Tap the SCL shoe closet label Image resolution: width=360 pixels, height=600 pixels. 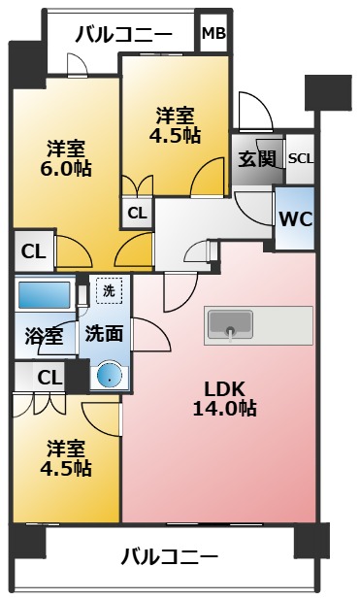300,158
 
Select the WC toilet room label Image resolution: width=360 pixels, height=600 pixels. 295,218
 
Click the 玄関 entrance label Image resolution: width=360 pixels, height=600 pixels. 257,158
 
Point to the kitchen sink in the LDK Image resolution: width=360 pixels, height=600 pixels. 230,324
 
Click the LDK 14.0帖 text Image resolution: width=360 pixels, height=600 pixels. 230,399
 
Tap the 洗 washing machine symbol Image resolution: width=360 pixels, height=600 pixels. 109,289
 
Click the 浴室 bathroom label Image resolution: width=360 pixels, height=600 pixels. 44,336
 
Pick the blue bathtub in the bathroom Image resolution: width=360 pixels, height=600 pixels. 44,295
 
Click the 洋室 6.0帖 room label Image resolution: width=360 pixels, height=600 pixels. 67,158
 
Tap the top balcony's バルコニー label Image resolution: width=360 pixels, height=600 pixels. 124,35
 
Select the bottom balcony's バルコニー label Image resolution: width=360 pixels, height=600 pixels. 170,557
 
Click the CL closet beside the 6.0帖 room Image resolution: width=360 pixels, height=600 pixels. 33,251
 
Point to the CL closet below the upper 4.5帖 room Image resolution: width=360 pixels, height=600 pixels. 137,212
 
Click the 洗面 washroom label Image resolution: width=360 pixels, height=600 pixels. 103,334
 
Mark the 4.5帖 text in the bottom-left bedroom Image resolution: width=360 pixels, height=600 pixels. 67,468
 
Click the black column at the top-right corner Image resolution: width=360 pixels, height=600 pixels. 327,92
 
